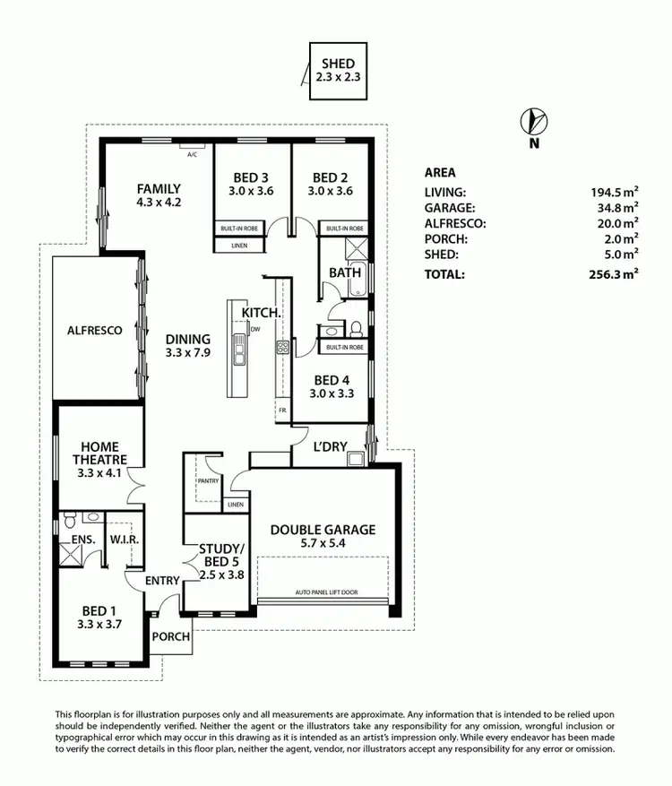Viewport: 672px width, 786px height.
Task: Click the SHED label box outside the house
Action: (338, 71)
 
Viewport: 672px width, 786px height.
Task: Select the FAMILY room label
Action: (159, 189)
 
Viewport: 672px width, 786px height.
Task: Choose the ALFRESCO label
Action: (95, 331)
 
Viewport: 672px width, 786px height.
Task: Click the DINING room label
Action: (187, 339)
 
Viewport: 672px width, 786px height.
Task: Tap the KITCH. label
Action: (262, 312)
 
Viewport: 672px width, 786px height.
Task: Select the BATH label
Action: (344, 272)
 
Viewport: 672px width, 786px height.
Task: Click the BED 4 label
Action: (327, 379)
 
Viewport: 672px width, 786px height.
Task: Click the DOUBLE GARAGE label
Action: (323, 530)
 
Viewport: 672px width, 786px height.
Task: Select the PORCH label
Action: (169, 637)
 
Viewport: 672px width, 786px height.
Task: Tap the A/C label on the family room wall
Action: (192, 154)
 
